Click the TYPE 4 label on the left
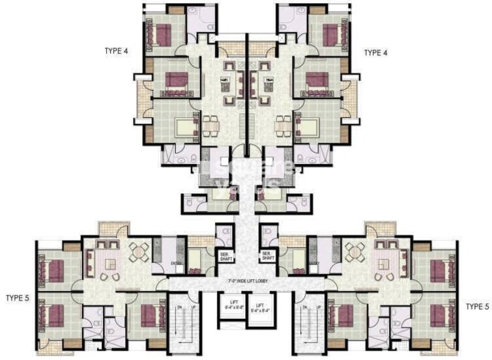click(x=117, y=50)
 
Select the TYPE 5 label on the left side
click(x=19, y=298)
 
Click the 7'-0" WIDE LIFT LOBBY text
click(x=246, y=281)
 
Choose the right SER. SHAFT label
click(x=267, y=255)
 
